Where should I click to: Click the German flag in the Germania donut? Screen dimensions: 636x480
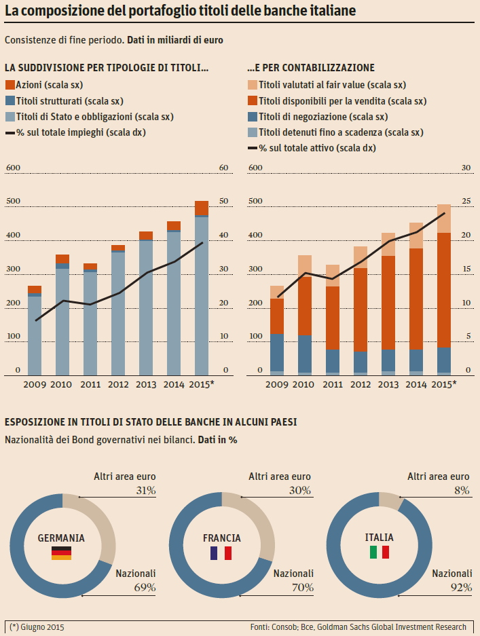point(61,553)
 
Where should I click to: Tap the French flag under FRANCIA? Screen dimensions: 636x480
point(221,553)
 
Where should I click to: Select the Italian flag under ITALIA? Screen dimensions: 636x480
point(379,552)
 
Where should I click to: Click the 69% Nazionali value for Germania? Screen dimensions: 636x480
point(145,587)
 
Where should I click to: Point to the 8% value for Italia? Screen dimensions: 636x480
point(462,490)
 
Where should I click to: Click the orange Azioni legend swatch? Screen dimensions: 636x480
point(10,85)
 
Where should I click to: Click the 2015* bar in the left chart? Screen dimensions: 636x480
point(202,288)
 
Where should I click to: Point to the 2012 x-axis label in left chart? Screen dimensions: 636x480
point(118,384)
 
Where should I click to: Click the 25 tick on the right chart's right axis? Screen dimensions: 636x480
point(466,201)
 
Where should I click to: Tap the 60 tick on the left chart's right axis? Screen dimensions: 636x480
point(223,168)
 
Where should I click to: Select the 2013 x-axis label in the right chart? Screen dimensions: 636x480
point(388,384)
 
